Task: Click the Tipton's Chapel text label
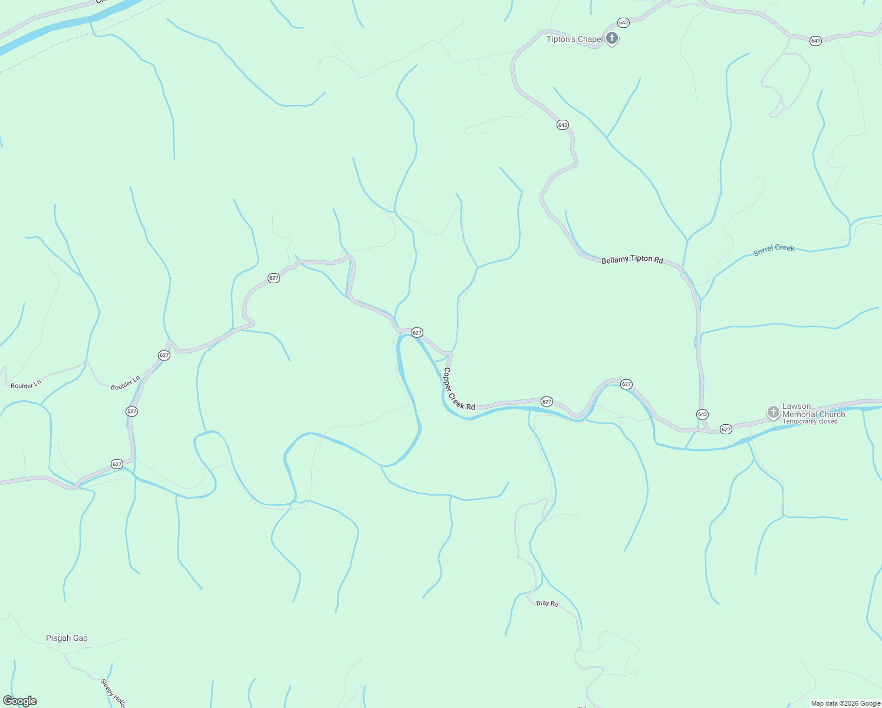574,40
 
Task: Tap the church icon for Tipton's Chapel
612,39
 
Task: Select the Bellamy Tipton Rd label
632,260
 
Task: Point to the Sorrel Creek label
774,250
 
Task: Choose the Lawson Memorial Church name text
814,410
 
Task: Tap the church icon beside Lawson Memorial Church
773,412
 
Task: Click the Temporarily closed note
809,421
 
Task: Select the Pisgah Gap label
67,638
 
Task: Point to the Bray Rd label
547,603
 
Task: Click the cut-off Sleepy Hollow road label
113,693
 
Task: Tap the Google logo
20,701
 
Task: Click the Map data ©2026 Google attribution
845,703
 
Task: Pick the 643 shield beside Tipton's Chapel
623,22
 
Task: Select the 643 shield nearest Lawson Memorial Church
702,414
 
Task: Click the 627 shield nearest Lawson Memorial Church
726,429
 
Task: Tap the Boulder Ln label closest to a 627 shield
126,383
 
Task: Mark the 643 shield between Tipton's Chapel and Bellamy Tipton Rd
562,125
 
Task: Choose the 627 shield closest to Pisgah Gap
117,464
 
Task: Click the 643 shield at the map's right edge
815,41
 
